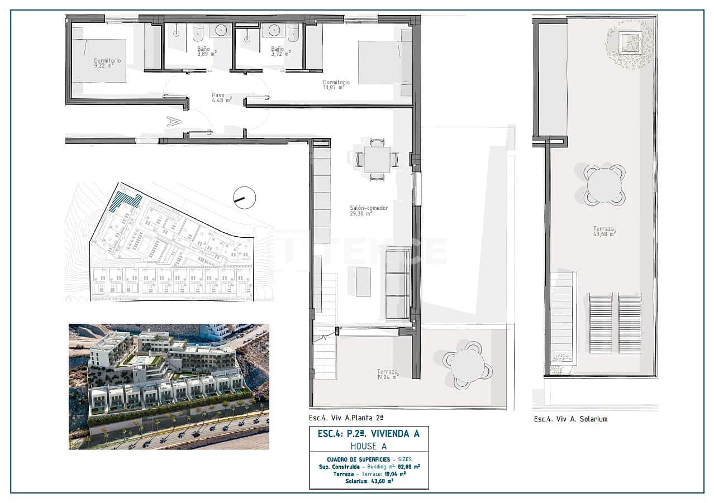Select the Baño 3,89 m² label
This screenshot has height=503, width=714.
(x=205, y=51)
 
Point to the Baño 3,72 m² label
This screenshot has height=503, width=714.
(x=279, y=51)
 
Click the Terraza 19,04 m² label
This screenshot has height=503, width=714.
(x=387, y=374)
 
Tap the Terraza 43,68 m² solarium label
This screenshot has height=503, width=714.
(x=604, y=231)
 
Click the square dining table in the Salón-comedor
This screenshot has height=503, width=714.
(x=374, y=159)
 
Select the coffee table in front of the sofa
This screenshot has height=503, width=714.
(x=363, y=282)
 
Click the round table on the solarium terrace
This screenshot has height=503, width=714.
(x=604, y=185)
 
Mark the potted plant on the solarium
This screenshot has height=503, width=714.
(x=630, y=43)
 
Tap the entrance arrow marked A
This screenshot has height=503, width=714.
(x=174, y=121)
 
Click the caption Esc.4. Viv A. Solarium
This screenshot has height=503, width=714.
(x=570, y=419)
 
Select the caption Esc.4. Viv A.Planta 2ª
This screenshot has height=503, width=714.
(x=346, y=417)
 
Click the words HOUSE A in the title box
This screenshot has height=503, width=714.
(x=369, y=446)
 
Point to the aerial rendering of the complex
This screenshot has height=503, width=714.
(x=169, y=386)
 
